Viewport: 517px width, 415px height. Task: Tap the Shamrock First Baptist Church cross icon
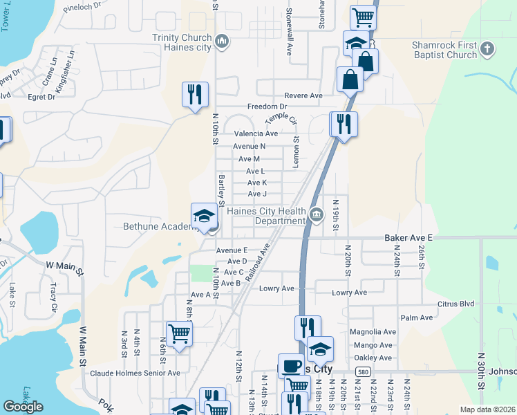(487, 48)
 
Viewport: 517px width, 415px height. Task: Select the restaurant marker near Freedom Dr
(195, 95)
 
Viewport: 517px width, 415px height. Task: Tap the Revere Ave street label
(303, 95)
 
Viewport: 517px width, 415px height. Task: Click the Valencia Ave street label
(256, 133)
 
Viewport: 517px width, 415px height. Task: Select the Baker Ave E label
(408, 237)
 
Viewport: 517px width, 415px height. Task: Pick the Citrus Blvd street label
(455, 304)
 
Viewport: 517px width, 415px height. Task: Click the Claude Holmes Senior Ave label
(135, 373)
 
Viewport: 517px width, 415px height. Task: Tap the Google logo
(23, 407)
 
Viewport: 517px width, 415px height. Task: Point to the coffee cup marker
(291, 365)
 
